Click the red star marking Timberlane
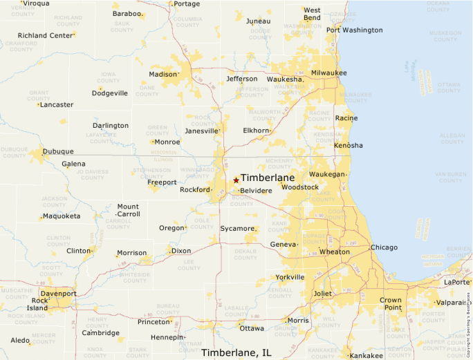(236, 180)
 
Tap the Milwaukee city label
(328, 73)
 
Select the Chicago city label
(384, 247)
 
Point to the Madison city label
(163, 75)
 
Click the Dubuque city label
(58, 151)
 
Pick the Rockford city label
(194, 190)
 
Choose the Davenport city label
(59, 294)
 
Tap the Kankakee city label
(367, 356)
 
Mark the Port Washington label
(354, 30)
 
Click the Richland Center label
(45, 35)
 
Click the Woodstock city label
(299, 187)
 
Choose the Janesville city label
(201, 131)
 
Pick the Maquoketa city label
(61, 216)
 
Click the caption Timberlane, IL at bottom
(236, 353)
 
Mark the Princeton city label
(154, 322)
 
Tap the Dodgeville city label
(109, 93)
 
